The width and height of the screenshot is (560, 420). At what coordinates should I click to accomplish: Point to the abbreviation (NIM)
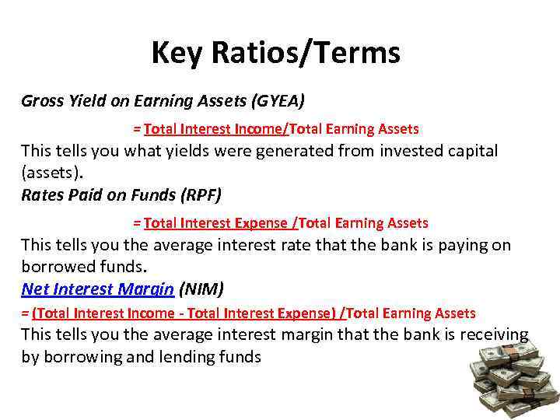click(201, 289)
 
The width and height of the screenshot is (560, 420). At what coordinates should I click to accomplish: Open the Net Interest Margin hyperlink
click(97, 289)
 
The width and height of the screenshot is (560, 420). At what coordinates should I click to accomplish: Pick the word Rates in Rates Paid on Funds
click(41, 195)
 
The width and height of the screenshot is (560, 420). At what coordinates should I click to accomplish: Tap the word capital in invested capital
click(468, 151)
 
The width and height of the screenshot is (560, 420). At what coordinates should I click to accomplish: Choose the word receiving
click(493, 334)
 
